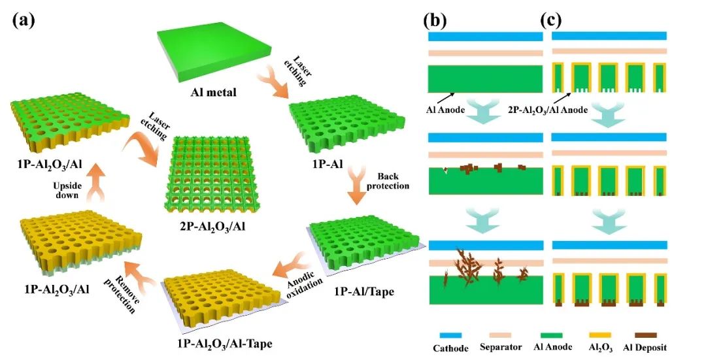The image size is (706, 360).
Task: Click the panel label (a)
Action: pyautogui.click(x=24, y=20)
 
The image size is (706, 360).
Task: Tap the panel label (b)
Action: pyautogui.click(x=435, y=20)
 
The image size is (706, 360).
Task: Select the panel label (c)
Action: pyautogui.click(x=550, y=20)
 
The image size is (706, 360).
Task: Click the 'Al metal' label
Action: pyautogui.click(x=213, y=92)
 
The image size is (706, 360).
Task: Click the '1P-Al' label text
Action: pyautogui.click(x=328, y=164)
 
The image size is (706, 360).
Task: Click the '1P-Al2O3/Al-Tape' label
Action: pyautogui.click(x=222, y=344)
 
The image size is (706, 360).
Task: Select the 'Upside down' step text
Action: pyautogui.click(x=67, y=189)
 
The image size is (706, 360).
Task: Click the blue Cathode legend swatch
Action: pyautogui.click(x=450, y=335)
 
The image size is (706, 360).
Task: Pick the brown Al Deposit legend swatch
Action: pyautogui.click(x=645, y=335)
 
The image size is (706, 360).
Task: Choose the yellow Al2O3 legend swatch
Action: pyautogui.click(x=599, y=335)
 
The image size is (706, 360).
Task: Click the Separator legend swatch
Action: pyautogui.click(x=500, y=335)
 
